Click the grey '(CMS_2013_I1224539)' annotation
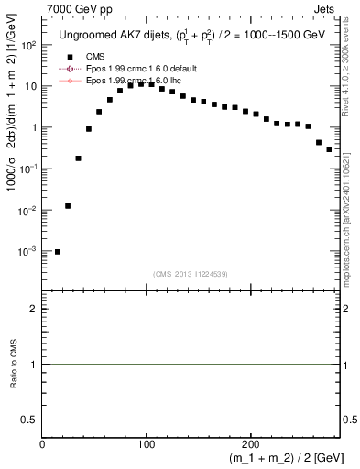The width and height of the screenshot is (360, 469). pos(191,274)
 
